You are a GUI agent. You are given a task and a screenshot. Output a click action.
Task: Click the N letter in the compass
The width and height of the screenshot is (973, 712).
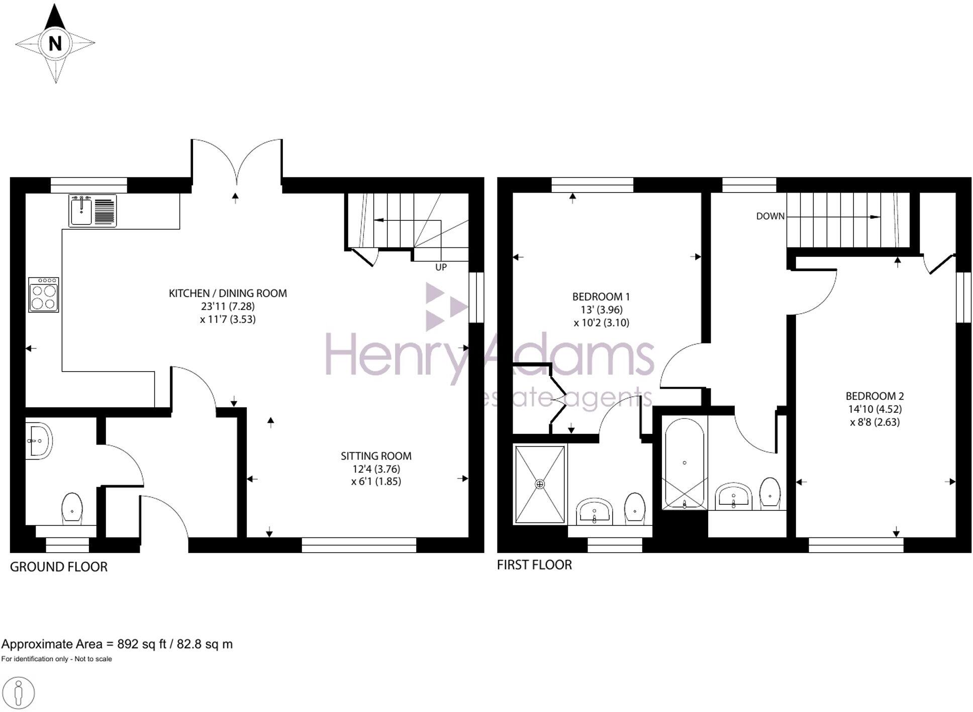pos(55,44)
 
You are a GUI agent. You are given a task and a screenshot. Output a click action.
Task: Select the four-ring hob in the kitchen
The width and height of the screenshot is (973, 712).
pos(43,295)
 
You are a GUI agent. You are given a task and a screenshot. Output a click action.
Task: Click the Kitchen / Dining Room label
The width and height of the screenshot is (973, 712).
pos(228,293)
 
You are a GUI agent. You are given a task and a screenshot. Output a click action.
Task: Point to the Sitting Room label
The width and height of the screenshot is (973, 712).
pos(376,456)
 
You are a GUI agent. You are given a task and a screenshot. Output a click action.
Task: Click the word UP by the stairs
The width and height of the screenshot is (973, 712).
pos(441,268)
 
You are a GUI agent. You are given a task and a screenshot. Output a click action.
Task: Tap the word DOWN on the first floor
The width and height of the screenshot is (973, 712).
pos(770,216)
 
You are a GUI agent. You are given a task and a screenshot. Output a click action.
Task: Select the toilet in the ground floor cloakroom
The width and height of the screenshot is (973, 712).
pos(72,508)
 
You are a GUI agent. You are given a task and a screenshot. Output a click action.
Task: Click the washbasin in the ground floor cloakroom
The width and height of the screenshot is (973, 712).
pos(38,441)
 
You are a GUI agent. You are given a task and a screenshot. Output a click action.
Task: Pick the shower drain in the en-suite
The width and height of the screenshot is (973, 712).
pos(540,484)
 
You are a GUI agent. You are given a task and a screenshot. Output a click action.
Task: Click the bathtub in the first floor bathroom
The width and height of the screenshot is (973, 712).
pos(684,463)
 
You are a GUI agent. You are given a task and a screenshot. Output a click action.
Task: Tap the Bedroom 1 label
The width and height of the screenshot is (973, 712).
pos(601,297)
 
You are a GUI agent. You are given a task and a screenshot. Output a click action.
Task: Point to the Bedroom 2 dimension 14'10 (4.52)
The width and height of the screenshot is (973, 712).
pos(874,409)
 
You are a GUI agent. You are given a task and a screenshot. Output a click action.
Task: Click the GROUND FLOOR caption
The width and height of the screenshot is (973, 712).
pos(59,567)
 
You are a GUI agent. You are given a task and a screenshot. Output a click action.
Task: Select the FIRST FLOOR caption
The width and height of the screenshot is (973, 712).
pos(534,565)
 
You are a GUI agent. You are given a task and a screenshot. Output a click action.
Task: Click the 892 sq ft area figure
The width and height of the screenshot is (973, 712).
pos(141,644)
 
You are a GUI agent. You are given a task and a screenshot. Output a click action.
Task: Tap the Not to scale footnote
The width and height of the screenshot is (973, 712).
pos(93,659)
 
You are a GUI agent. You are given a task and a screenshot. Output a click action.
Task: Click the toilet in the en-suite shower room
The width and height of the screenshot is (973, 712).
pos(635,509)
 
